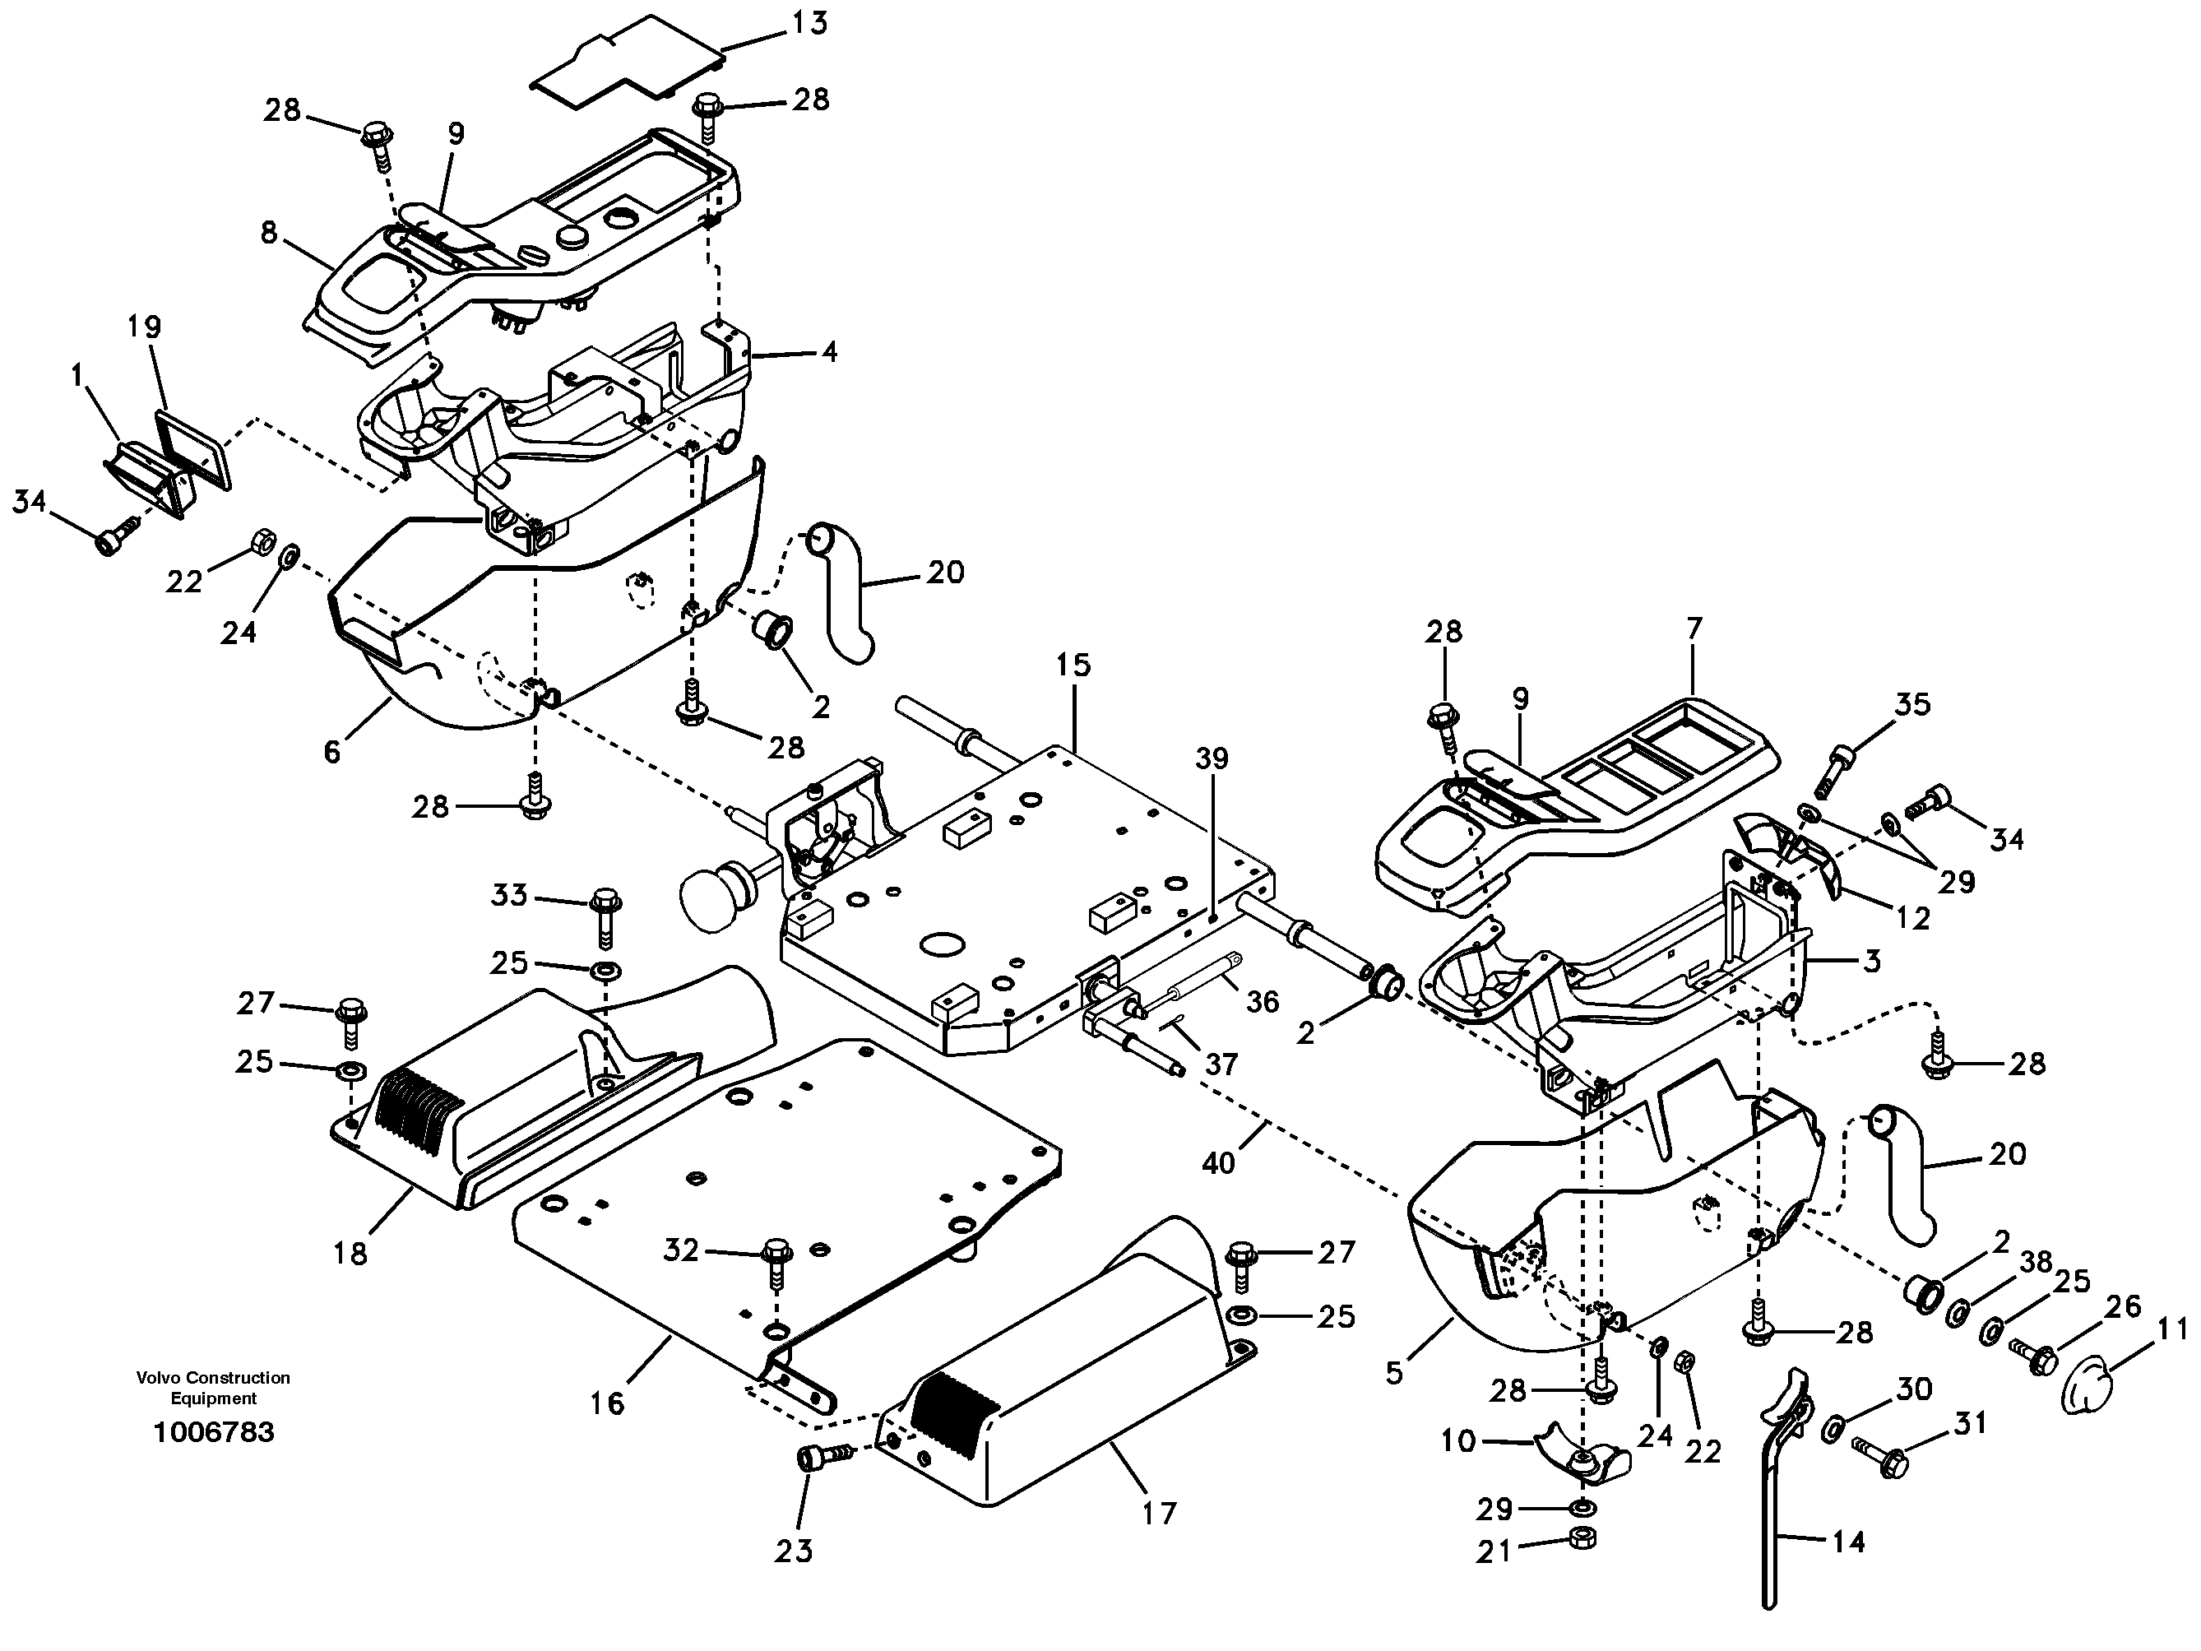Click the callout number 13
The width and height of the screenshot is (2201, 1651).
point(811,22)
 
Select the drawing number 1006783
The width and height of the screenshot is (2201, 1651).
point(213,1432)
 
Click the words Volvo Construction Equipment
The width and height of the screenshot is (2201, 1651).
point(213,1387)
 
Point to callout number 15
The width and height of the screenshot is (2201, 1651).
point(1073,665)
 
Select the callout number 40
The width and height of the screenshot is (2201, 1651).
point(1218,1162)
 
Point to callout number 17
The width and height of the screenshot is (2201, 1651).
point(1159,1514)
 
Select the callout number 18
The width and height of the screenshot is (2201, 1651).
point(350,1253)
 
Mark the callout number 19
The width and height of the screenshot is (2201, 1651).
point(146,327)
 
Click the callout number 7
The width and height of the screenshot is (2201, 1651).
point(1694,629)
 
